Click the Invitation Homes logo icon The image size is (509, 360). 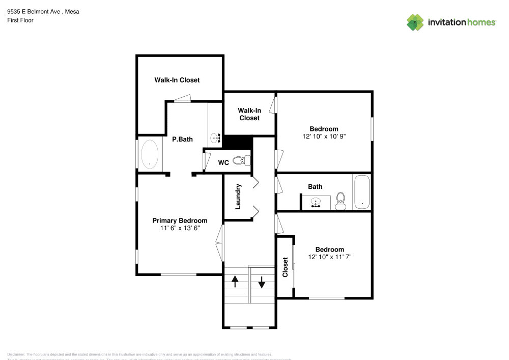click(415, 22)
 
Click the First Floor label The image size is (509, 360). click(20, 20)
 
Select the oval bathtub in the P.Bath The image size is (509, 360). click(149, 154)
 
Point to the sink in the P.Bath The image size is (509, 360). click(215, 137)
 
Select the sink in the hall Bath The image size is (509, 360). click(316, 203)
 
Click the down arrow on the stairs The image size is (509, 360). click(262, 282)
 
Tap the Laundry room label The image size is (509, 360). click(238, 197)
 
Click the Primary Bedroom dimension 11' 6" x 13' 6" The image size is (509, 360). click(180, 229)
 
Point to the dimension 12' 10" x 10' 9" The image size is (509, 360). click(324, 136)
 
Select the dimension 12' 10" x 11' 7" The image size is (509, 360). click(329, 257)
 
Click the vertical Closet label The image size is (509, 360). click(285, 267)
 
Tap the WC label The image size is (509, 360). click(223, 163)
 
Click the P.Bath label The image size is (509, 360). click(182, 139)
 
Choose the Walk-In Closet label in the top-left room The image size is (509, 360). click(177, 80)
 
